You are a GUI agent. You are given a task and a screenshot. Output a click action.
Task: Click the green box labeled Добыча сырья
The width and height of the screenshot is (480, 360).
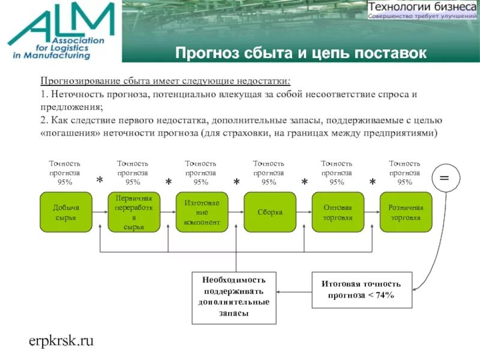click(65, 212)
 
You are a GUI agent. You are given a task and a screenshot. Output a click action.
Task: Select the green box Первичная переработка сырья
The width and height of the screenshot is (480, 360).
click(133, 212)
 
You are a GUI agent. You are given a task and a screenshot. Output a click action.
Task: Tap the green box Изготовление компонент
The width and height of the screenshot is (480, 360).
click(201, 212)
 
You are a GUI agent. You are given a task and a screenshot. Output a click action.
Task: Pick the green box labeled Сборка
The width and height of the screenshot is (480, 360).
click(269, 212)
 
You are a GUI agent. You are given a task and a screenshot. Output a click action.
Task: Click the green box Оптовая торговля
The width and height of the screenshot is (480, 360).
click(337, 212)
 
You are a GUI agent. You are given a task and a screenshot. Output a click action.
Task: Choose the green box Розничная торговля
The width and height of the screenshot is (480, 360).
click(406, 212)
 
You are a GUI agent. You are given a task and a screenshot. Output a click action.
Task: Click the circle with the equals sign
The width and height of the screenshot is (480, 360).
click(444, 178)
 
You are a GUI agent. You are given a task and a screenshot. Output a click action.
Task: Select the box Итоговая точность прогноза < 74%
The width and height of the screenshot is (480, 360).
click(361, 290)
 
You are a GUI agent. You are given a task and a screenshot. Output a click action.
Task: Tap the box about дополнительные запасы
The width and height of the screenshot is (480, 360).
click(234, 296)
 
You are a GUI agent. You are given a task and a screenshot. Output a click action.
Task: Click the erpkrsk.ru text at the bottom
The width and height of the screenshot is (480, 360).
click(61, 341)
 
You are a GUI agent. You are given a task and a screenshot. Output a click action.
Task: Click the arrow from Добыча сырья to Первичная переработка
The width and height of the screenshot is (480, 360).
click(100, 212)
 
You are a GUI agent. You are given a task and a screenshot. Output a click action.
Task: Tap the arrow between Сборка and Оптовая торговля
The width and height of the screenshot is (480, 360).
click(304, 212)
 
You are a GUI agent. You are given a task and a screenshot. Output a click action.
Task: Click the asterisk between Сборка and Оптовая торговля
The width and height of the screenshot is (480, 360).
click(304, 182)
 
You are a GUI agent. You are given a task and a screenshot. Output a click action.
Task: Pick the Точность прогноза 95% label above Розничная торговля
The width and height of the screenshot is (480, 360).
click(405, 172)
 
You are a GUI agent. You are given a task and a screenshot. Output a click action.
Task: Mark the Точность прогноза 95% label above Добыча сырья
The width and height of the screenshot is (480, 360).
click(65, 172)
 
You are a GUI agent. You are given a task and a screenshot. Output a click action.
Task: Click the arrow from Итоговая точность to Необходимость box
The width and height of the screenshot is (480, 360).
click(294, 291)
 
